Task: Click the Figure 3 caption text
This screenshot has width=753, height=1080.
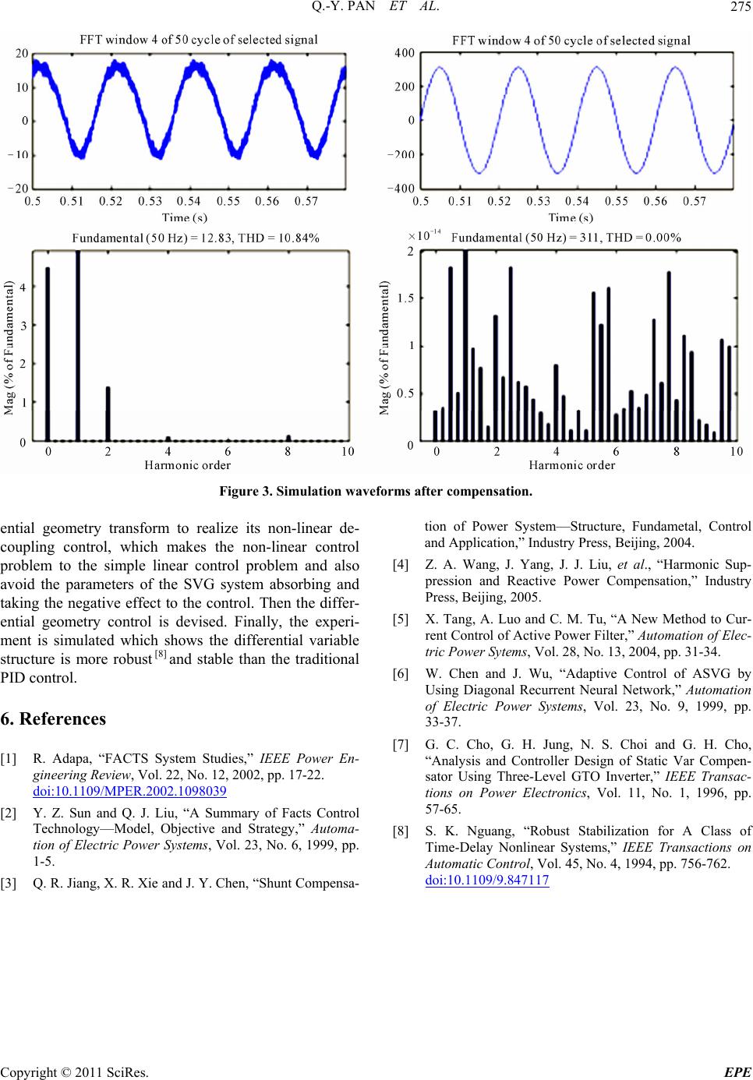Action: click(376, 492)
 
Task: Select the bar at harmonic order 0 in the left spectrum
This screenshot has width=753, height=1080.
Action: click(48, 355)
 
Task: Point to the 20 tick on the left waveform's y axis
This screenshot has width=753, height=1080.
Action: click(23, 53)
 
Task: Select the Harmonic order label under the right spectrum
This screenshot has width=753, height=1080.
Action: click(571, 465)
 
